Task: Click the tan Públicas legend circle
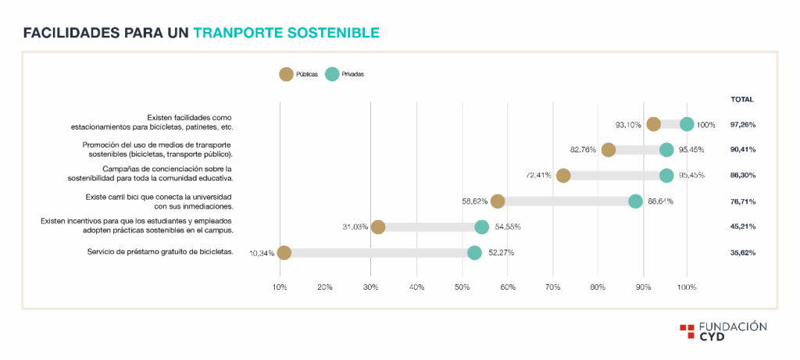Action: tap(286, 74)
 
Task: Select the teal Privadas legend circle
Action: tap(332, 74)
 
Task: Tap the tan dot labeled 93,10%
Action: tap(654, 124)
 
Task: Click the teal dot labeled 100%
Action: tap(687, 124)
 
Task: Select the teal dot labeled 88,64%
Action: tap(636, 201)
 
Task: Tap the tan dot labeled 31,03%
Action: tap(378, 227)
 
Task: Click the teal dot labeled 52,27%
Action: tap(474, 253)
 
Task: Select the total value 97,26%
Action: tap(742, 124)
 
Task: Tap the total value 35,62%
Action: tap(742, 253)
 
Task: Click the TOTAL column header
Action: tap(741, 99)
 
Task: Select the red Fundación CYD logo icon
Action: tap(687, 331)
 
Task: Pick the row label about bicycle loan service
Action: tap(160, 251)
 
